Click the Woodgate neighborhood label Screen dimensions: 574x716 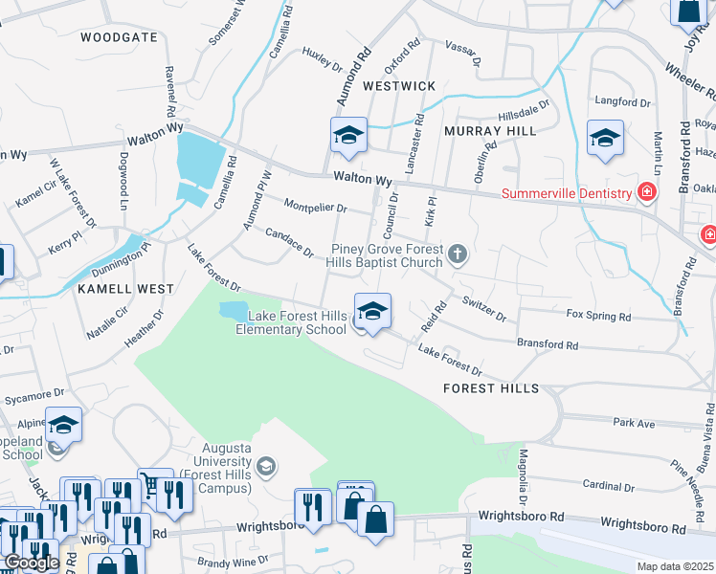[x=119, y=37]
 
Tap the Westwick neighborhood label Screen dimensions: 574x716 [x=399, y=86]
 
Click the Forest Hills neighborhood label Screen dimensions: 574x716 [x=491, y=388]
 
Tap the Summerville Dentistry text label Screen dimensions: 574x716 [x=567, y=193]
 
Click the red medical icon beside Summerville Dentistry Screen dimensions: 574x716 [x=647, y=192]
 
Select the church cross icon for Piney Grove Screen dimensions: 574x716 [x=458, y=254]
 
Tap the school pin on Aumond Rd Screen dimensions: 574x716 [x=348, y=137]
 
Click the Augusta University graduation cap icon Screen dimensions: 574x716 [x=266, y=467]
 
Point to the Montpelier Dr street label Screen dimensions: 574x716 [x=315, y=207]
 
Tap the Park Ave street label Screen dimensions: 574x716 [x=633, y=422]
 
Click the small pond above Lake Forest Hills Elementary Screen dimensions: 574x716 [x=233, y=311]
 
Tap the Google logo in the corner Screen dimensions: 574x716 [x=32, y=563]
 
